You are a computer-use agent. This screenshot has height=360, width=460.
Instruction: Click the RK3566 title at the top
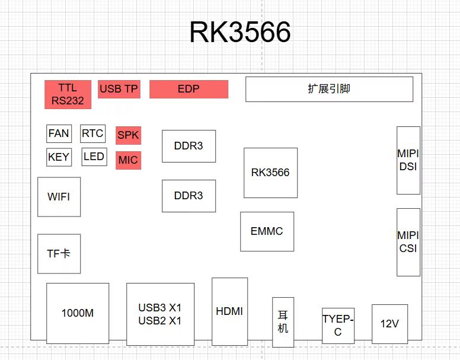(x=240, y=33)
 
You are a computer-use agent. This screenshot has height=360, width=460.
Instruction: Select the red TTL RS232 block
(x=68, y=94)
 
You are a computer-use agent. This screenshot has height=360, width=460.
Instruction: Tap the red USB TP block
(x=119, y=89)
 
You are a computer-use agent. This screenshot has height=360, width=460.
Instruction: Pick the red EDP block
(x=189, y=89)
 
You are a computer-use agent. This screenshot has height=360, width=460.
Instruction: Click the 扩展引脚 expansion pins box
(x=329, y=89)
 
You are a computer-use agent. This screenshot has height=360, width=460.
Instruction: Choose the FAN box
(x=59, y=133)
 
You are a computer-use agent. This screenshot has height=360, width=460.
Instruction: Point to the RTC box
(x=92, y=133)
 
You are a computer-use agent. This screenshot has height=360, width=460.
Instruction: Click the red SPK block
(x=128, y=135)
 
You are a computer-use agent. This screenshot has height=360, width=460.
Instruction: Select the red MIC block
(x=128, y=160)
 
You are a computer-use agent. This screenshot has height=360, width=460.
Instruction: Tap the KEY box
(x=59, y=157)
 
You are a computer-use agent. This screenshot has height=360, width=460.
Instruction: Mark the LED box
(x=94, y=157)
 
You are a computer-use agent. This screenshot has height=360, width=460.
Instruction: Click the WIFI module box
(x=59, y=196)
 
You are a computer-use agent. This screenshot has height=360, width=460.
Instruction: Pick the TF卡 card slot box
(x=59, y=253)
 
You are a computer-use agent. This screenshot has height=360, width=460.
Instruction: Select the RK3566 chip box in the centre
(x=270, y=173)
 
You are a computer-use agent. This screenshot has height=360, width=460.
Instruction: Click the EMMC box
(x=267, y=231)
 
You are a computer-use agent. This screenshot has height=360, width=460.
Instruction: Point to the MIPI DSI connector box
(x=408, y=160)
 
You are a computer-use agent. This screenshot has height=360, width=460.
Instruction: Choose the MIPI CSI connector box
(x=408, y=242)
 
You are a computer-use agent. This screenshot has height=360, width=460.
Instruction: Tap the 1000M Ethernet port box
(x=78, y=313)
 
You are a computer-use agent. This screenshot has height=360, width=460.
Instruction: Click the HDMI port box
(x=229, y=311)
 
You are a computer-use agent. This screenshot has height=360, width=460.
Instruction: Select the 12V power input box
(x=389, y=324)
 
